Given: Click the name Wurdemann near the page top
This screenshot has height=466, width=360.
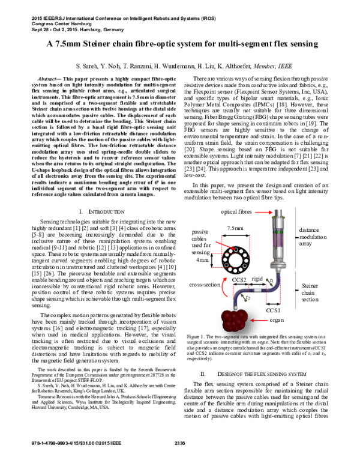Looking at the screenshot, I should [178, 66].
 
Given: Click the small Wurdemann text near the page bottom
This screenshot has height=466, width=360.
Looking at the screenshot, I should [89, 385].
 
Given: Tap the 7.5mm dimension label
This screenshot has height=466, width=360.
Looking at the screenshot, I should [236, 228].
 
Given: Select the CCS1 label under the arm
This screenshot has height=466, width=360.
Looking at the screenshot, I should [273, 310].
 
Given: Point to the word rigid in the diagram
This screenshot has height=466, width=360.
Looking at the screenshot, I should [257, 279].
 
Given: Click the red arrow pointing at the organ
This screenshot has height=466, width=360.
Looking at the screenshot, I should [260, 321].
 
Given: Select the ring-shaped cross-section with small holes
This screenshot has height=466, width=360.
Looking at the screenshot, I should [235, 259].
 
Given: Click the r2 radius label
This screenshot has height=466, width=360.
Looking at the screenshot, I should [247, 297].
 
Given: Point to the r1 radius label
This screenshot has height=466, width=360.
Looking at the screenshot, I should [272, 280].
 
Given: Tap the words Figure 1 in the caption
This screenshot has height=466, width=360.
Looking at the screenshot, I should [196, 338].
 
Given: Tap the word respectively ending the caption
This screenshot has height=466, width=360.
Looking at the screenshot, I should [200, 359].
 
